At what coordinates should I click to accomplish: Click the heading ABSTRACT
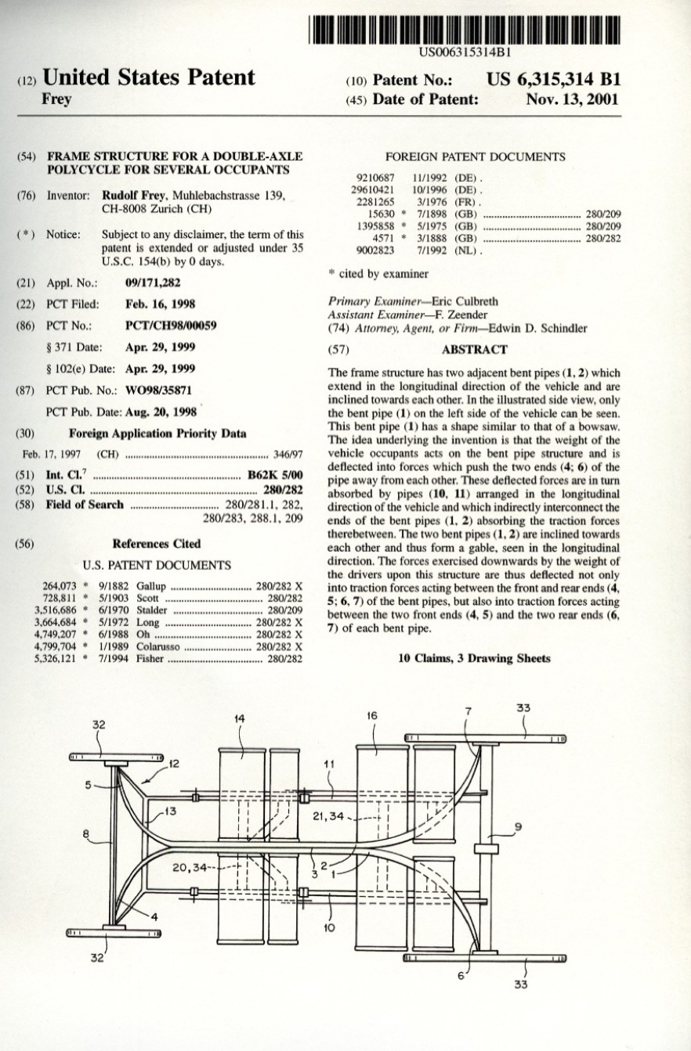(x=474, y=350)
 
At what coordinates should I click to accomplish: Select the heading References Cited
(x=157, y=544)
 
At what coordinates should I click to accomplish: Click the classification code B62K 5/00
(x=274, y=474)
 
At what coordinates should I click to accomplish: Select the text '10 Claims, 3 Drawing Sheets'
(x=474, y=658)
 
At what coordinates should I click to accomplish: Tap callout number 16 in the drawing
(x=372, y=715)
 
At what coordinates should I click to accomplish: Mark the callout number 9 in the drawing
(x=518, y=826)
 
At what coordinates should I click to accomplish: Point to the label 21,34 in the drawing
(x=328, y=816)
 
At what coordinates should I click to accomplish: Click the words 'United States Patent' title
(x=149, y=78)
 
